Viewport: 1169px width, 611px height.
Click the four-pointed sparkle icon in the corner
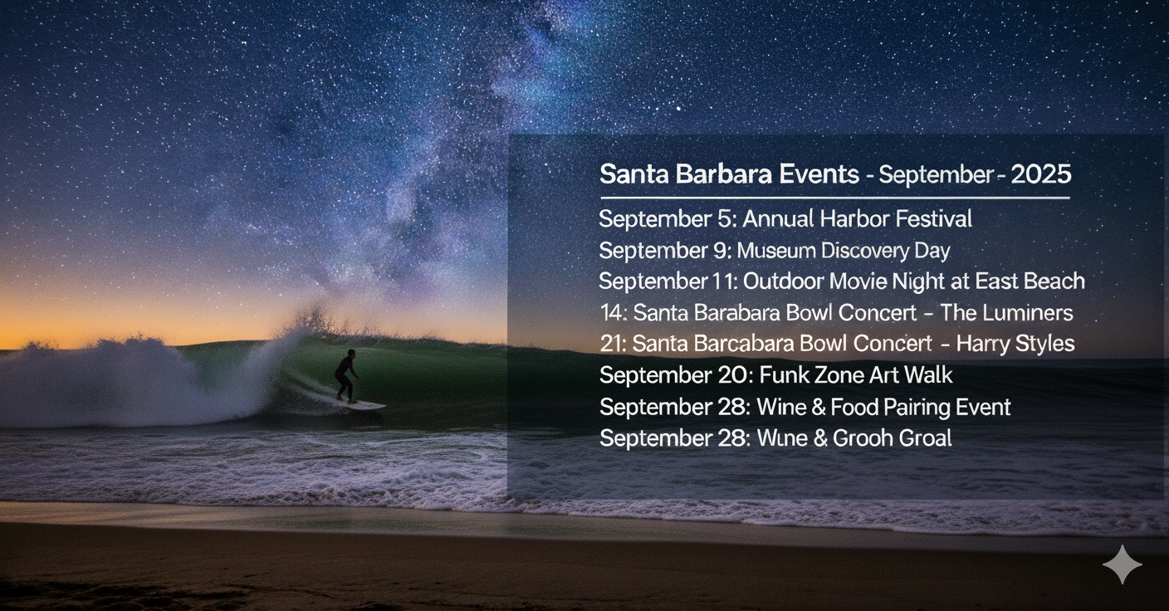pyautogui.click(x=1123, y=565)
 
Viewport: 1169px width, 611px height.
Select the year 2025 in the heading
pyautogui.click(x=1041, y=174)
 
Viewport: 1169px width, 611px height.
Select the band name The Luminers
pyautogui.click(x=1007, y=313)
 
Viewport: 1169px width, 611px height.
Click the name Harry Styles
pyautogui.click(x=1015, y=345)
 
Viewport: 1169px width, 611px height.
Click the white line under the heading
pyautogui.click(x=835, y=198)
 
